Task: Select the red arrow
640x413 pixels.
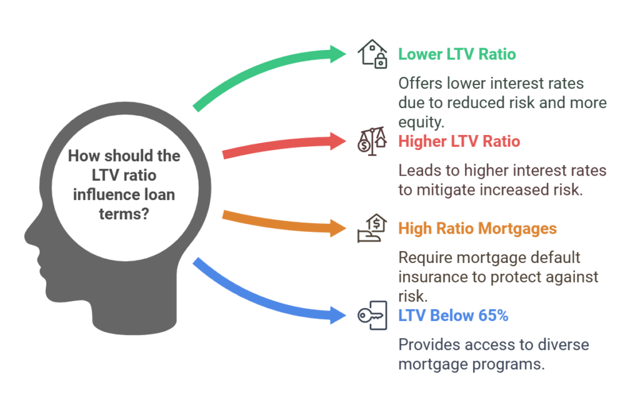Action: click(x=281, y=144)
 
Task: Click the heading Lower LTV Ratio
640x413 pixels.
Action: click(x=457, y=54)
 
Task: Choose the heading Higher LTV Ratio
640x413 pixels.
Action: click(x=459, y=141)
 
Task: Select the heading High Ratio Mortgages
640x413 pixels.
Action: click(x=477, y=229)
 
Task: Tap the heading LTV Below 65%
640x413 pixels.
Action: click(x=453, y=316)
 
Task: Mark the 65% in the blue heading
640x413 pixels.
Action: click(x=494, y=316)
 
